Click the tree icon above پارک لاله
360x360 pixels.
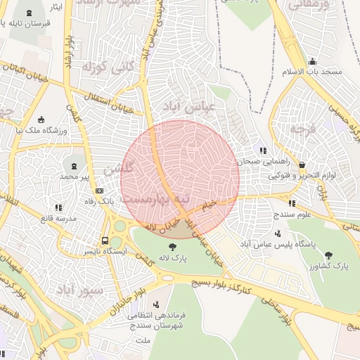(172, 246)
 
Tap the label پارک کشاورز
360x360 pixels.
(330, 266)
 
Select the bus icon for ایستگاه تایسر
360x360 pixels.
(105, 239)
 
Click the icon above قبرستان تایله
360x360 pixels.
(29, 13)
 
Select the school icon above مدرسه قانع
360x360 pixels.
(58, 207)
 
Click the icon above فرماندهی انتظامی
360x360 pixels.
(155, 304)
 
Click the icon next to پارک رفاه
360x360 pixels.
(100, 191)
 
